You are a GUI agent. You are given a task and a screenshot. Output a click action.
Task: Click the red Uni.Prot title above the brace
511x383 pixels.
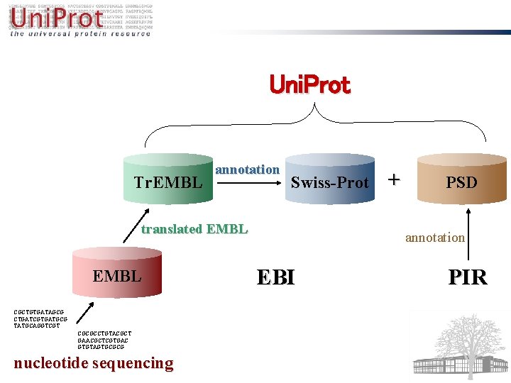pos(309,85)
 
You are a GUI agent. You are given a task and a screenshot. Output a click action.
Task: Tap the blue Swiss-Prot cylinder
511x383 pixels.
pos(329,182)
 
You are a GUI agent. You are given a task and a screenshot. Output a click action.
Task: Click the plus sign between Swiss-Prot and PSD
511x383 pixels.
pos(394,179)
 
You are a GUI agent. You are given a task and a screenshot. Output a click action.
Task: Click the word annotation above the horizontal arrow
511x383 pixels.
pos(247,170)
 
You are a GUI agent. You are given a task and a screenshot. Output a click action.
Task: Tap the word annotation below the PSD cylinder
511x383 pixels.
pos(434,238)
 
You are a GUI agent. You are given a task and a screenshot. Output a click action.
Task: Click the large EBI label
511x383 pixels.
pos(275,277)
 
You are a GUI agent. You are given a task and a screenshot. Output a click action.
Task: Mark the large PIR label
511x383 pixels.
pos(468,277)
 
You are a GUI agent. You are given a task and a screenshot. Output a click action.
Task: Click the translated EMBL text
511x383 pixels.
pos(194,228)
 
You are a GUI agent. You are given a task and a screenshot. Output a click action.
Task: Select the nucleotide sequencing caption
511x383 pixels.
pos(93,363)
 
